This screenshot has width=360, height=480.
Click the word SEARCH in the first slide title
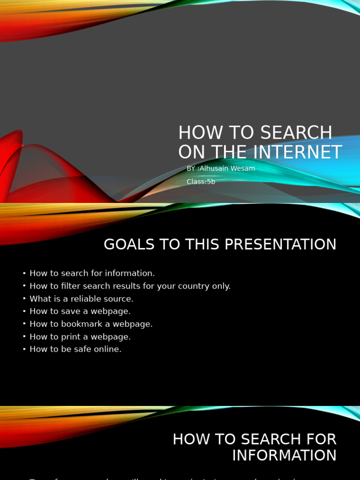[x=297, y=133]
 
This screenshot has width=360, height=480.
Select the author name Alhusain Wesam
[x=227, y=169]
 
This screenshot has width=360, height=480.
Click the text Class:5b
[x=201, y=182]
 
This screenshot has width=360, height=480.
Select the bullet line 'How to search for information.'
[x=92, y=273]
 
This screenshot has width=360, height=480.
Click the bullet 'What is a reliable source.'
[x=81, y=299]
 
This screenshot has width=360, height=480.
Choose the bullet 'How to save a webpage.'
[x=80, y=311]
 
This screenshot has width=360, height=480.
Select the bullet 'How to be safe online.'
[x=75, y=349]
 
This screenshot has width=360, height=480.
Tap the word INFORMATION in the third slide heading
[x=284, y=456]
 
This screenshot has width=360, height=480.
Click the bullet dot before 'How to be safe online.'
[x=24, y=350]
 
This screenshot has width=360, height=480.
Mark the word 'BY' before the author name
[x=191, y=169]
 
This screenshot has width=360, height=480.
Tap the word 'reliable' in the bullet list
[x=86, y=299]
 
